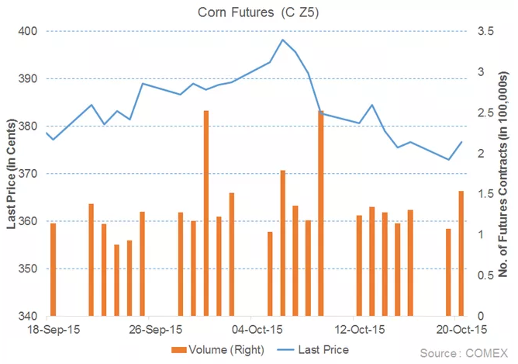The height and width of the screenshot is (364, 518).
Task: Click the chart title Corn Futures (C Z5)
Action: pos(257,11)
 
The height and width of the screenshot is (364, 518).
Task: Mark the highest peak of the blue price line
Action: pos(282,40)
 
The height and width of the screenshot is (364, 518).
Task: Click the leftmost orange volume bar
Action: pos(53,269)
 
